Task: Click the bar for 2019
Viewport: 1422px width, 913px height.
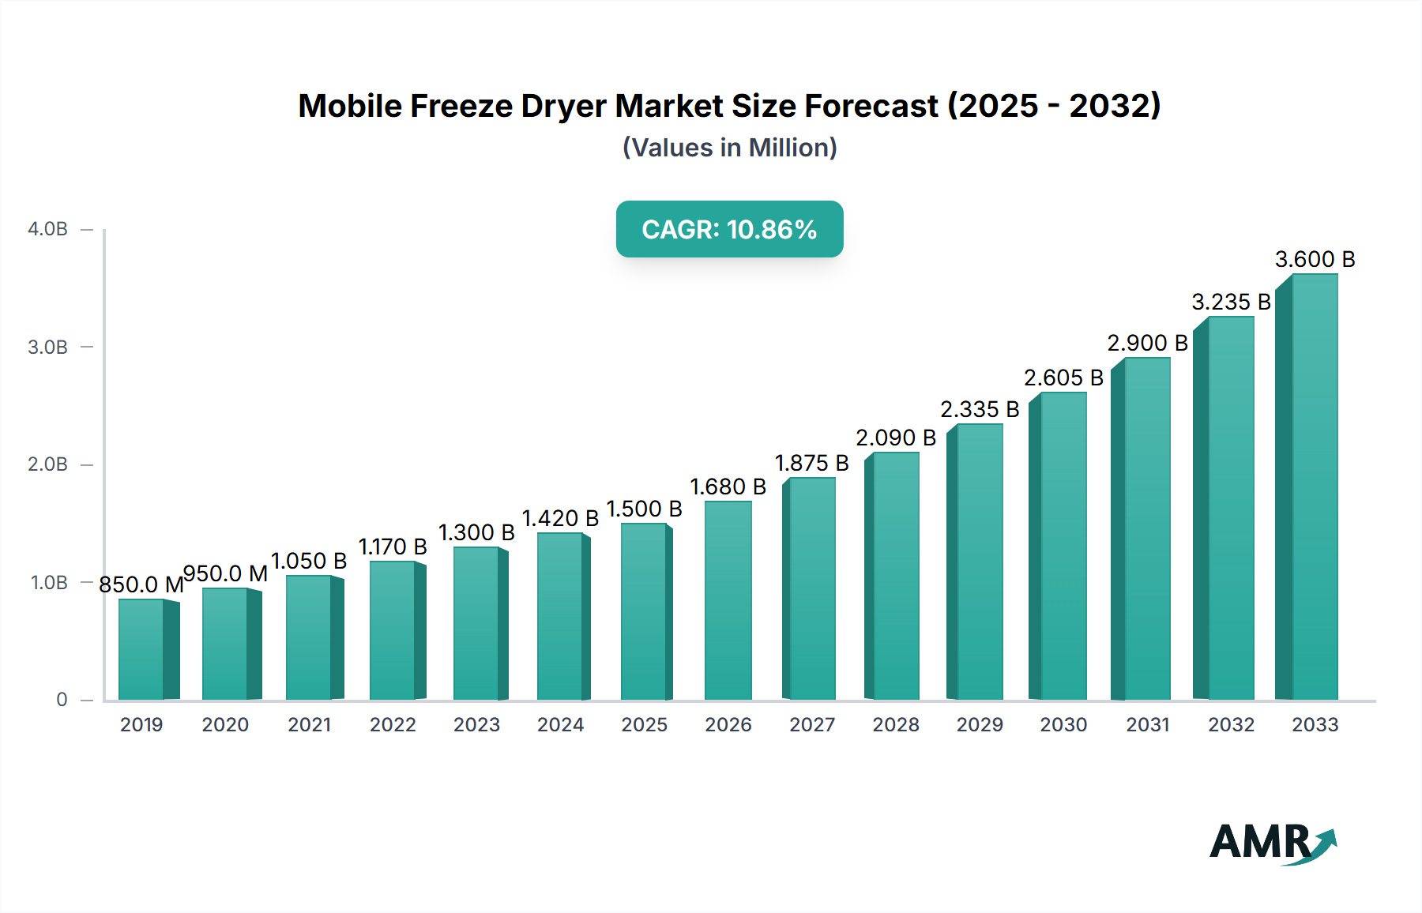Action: [142, 649]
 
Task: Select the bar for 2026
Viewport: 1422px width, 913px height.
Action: [728, 600]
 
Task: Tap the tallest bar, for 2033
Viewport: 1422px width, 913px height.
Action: [1315, 487]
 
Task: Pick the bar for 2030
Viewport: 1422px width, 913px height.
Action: [1063, 546]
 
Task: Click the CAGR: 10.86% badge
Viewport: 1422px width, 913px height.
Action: [729, 229]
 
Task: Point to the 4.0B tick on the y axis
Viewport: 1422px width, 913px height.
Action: [48, 229]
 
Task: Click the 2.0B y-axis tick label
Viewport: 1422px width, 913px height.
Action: [48, 464]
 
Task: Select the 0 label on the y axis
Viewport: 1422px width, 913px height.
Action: [62, 700]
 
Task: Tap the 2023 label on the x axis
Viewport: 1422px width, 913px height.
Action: [476, 725]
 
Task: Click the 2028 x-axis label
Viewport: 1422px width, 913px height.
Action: [896, 725]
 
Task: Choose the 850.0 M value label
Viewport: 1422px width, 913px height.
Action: [141, 584]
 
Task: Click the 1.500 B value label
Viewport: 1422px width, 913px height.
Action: [644, 509]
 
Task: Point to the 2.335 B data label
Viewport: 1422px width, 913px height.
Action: [980, 409]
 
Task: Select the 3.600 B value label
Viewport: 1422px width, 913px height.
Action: [1315, 259]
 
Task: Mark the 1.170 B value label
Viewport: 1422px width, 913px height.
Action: [393, 547]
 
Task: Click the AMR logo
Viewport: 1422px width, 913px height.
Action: [1272, 842]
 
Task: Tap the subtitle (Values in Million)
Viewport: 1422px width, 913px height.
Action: [729, 148]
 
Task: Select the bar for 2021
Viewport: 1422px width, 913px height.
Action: [310, 637]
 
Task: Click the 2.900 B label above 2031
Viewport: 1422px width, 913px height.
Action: [1147, 343]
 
